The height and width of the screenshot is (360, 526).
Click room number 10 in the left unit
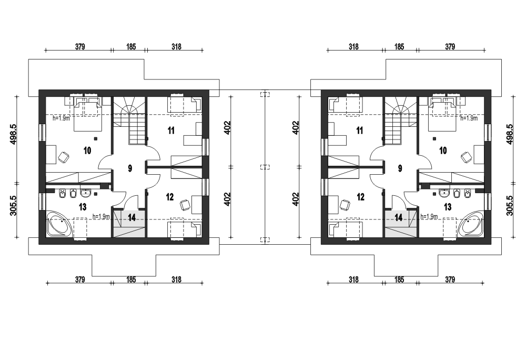87,151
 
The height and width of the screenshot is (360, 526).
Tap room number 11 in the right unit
360,130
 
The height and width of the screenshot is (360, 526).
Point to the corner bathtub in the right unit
470,224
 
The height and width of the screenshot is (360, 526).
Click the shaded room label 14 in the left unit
132,218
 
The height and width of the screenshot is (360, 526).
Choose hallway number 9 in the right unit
400,168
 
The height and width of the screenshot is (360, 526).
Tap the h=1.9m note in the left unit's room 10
62,118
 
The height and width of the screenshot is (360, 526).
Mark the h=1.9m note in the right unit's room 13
429,217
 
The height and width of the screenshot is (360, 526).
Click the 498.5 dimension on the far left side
14,134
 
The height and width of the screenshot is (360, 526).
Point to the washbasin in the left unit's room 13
86,193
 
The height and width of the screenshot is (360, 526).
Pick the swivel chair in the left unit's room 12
185,205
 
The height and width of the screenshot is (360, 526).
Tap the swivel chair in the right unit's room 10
466,156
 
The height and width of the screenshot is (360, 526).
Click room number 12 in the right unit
360,197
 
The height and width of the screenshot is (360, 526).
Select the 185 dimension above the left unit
131,47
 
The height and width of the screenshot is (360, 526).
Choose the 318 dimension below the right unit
353,279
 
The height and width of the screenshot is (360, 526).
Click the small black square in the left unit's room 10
96,138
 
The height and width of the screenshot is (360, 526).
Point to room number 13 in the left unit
83,207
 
